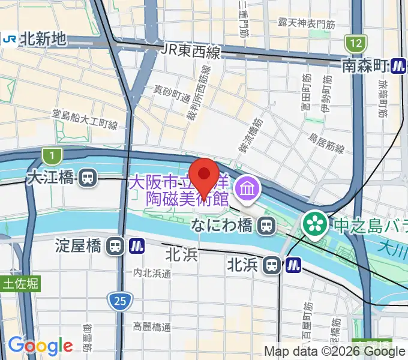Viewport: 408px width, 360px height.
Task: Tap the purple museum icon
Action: point(247,190)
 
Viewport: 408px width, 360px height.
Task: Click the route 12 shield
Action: point(355,43)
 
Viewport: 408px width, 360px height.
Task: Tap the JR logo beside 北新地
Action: point(9,39)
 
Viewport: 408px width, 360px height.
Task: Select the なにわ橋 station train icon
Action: point(265,226)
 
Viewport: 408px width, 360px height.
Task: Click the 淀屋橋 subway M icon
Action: point(136,245)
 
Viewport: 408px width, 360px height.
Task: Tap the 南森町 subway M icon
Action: point(397,65)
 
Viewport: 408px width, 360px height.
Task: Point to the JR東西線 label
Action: point(191,52)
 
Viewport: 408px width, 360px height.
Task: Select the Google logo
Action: point(40,346)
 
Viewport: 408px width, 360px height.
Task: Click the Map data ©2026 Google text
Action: point(334,351)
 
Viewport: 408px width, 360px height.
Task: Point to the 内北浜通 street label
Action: point(152,273)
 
